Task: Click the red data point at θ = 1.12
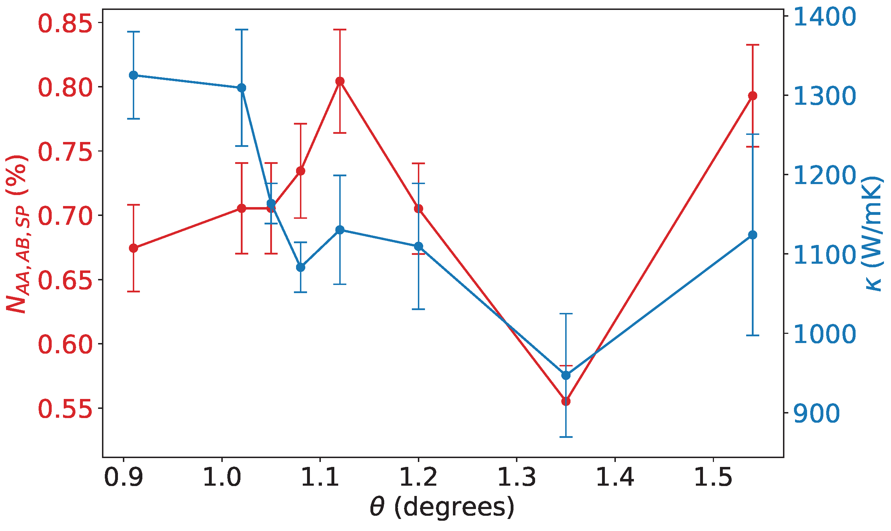[340, 81]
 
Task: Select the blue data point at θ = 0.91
[134, 75]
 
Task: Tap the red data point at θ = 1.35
[566, 401]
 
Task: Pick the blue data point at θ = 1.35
[566, 375]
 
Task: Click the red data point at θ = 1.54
[753, 96]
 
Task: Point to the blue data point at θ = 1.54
[753, 235]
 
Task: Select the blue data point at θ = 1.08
[301, 267]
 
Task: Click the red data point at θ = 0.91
[134, 248]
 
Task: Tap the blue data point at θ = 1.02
[242, 88]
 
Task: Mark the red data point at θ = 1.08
[301, 171]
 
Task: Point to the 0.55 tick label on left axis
[65, 409]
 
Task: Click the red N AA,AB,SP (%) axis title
[17, 235]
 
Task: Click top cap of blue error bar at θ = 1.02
[242, 30]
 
